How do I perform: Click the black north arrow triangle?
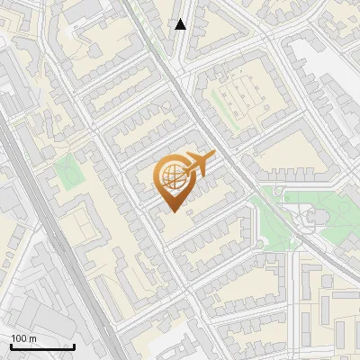[181, 24]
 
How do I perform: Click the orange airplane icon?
[198, 166]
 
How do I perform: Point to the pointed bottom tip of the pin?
[172, 211]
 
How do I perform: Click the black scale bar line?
[42, 346]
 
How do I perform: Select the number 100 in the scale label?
[20, 338]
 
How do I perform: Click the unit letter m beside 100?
[33, 338]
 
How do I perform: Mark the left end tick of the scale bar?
[11, 346]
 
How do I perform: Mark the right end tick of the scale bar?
[74, 346]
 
